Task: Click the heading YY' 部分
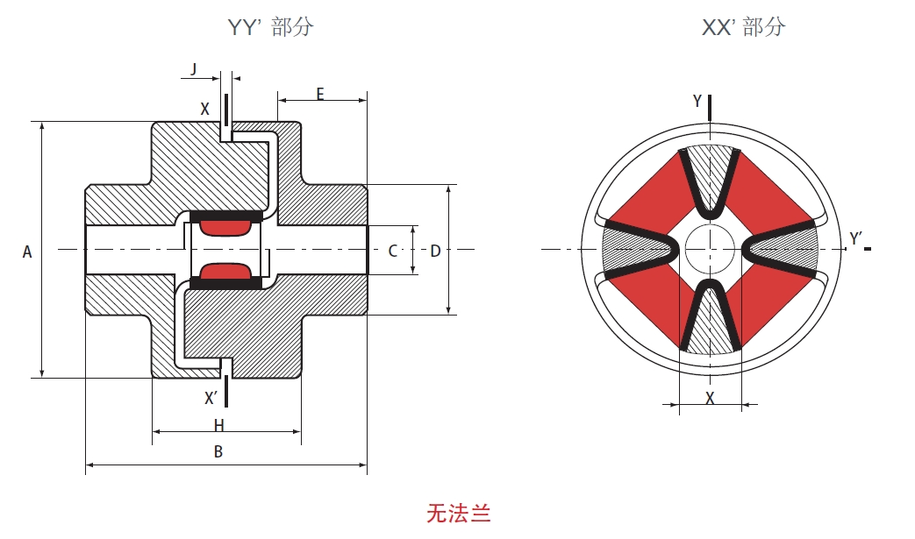270,27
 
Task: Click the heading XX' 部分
743,27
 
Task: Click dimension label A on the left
27,252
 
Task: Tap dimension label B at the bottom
218,452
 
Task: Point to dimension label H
219,425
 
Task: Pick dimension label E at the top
320,94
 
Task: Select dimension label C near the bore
393,252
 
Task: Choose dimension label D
435,252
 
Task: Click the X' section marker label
211,398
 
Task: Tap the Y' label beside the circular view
856,238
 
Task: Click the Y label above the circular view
697,102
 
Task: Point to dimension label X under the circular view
711,398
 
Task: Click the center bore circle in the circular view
711,250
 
